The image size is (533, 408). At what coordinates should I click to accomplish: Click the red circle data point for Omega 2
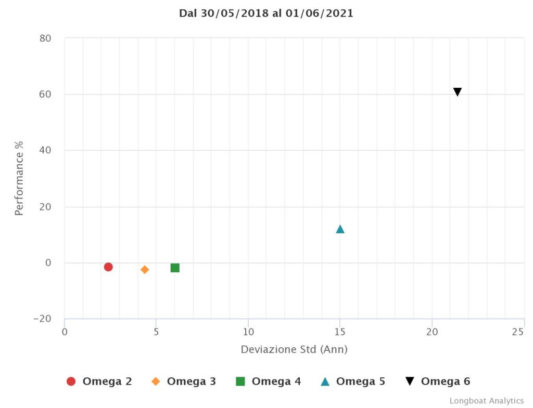pyautogui.click(x=108, y=267)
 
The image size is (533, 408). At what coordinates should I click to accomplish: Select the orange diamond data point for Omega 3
pyautogui.click(x=145, y=269)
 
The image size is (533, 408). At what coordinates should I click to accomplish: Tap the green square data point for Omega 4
pyautogui.click(x=175, y=268)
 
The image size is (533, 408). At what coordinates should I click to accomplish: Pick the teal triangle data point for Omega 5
pyautogui.click(x=340, y=229)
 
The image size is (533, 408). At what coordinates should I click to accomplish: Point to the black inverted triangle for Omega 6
pyautogui.click(x=458, y=92)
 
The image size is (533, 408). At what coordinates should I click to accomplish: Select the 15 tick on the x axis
pyautogui.click(x=340, y=332)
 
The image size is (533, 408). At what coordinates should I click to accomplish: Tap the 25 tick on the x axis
pyautogui.click(x=518, y=332)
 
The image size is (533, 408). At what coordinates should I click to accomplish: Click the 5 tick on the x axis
pyautogui.click(x=156, y=332)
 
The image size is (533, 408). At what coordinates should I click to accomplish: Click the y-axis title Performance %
pyautogui.click(x=19, y=178)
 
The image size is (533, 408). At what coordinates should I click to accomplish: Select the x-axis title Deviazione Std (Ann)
pyautogui.click(x=294, y=349)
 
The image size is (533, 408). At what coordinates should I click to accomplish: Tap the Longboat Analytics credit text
pyautogui.click(x=487, y=401)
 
